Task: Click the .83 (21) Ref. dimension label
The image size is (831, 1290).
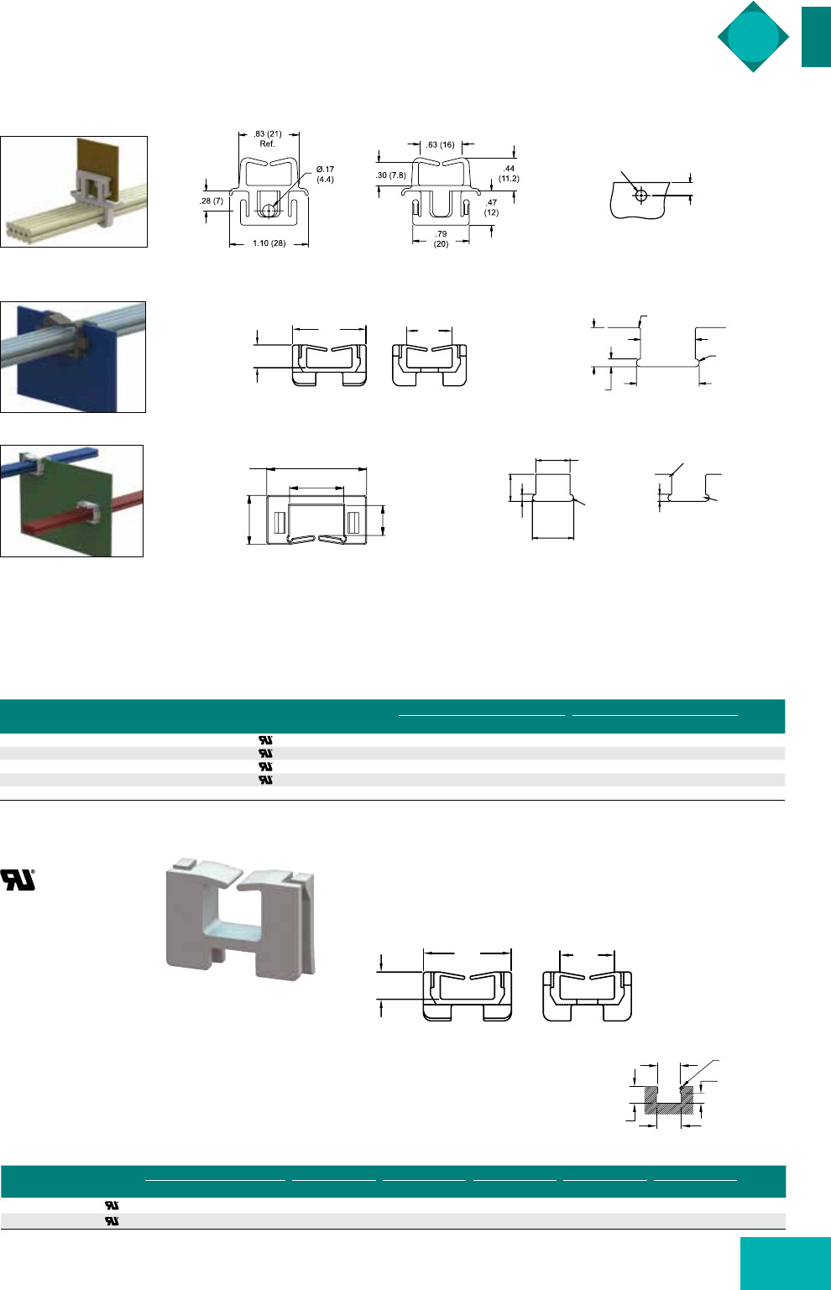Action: [268, 138]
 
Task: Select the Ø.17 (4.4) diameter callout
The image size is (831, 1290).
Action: [325, 175]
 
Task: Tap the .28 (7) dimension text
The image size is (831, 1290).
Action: [212, 201]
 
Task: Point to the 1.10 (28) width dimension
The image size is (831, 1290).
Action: [269, 243]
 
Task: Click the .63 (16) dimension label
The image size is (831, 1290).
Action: [440, 144]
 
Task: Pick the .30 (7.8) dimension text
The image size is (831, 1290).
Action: [391, 175]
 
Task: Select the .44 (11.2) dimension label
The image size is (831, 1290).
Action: [509, 174]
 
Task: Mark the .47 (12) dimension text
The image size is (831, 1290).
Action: [491, 207]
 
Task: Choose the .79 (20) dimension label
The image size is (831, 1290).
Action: [441, 239]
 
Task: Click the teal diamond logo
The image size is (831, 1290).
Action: [753, 37]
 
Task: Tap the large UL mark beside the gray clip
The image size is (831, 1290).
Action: [18, 880]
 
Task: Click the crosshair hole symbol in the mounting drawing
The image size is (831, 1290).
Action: [640, 196]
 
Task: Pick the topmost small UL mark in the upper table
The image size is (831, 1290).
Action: [265, 740]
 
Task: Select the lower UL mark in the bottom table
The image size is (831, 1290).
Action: [112, 1220]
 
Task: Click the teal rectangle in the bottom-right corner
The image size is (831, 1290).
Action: [786, 1263]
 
